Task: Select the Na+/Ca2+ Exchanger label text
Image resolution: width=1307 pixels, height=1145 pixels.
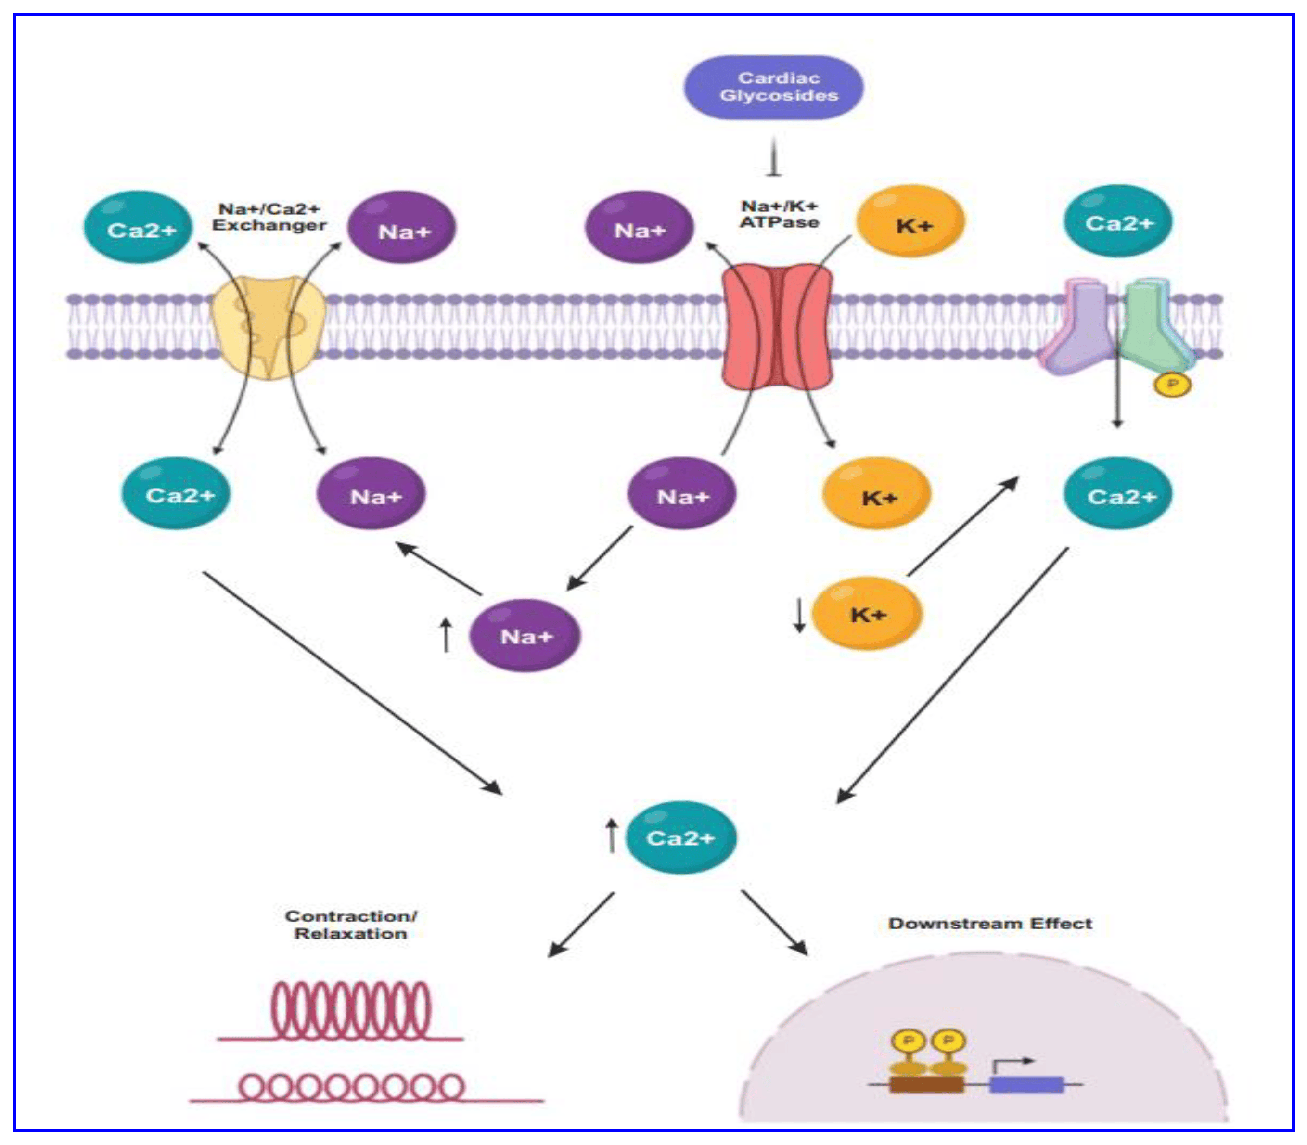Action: pyautogui.click(x=269, y=217)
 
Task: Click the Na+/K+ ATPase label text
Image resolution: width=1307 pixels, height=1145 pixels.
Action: pyautogui.click(x=779, y=214)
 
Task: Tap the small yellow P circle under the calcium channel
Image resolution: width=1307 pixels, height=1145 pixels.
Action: pyautogui.click(x=1172, y=384)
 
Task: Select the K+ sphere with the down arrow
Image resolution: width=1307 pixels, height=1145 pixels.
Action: pyautogui.click(x=867, y=614)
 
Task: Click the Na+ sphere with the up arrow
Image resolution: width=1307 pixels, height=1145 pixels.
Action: pyautogui.click(x=525, y=635)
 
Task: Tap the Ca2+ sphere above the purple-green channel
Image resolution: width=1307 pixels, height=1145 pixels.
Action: pyautogui.click(x=1118, y=222)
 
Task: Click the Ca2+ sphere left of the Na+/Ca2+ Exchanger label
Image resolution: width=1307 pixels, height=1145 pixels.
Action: pyautogui.click(x=139, y=228)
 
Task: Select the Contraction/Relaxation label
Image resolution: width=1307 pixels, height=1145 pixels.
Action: pyautogui.click(x=351, y=925)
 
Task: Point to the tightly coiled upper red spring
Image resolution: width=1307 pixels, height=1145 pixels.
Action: pyautogui.click(x=351, y=1011)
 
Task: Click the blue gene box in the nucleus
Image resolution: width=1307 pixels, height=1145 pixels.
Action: pyautogui.click(x=1026, y=1084)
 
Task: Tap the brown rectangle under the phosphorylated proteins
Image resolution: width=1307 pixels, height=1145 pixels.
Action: pyautogui.click(x=926, y=1084)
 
